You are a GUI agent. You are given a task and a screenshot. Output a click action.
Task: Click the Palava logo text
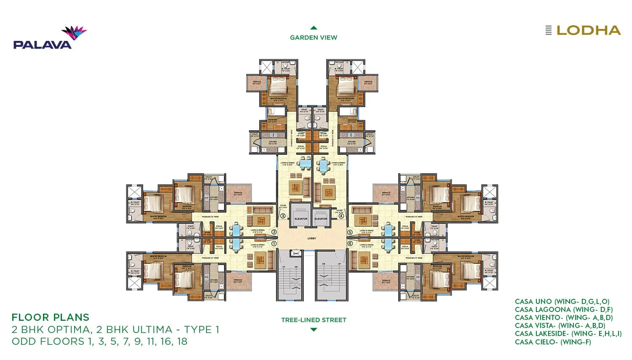42,44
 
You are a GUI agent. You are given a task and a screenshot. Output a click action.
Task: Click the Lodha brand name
588,30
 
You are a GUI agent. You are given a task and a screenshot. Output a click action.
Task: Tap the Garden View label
313,38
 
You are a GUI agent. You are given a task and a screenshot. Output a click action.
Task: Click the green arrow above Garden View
313,28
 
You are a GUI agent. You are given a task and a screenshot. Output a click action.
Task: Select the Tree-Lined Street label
313,320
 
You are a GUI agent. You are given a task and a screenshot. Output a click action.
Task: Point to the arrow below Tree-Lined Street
313,330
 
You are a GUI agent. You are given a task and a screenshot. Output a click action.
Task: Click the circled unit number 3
283,216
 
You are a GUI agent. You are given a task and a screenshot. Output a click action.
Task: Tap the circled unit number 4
341,216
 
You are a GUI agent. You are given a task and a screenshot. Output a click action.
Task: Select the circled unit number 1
274,244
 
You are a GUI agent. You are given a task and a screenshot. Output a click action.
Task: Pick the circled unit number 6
350,244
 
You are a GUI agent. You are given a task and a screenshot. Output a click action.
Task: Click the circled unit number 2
274,232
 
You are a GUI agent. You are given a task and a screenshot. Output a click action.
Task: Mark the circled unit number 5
350,232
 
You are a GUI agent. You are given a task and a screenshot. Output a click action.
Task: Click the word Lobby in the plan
312,239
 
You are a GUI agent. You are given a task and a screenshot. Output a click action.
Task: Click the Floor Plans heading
51,317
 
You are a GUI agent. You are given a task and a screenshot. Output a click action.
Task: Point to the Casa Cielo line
553,342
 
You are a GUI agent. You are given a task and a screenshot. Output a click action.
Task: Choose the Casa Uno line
562,302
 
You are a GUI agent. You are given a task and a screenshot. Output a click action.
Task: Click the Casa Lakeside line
568,334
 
